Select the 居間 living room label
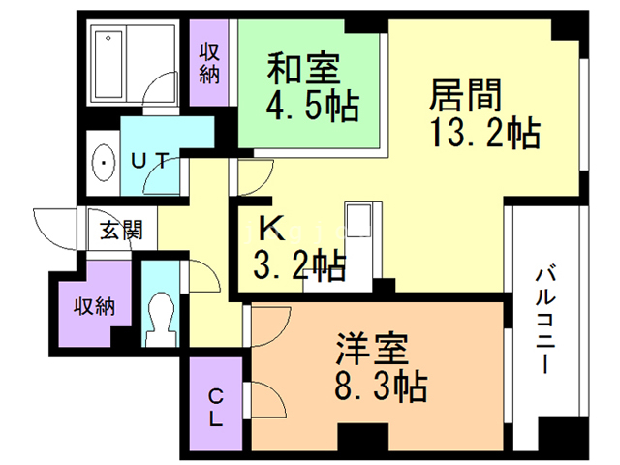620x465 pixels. (466, 97)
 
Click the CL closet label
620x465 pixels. (216, 407)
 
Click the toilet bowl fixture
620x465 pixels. (156, 316)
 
